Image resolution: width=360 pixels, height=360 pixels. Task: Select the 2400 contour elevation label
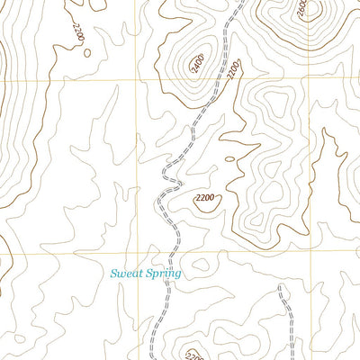pos(195,62)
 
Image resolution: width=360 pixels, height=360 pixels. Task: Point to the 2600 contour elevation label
pos(301,9)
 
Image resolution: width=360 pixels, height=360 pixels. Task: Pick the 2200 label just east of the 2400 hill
pos(233,69)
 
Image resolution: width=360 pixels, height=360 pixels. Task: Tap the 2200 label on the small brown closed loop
pos(206,198)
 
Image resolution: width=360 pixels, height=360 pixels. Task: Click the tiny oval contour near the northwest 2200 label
pos(87,52)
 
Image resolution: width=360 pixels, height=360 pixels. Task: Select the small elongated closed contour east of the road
pos(230,160)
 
